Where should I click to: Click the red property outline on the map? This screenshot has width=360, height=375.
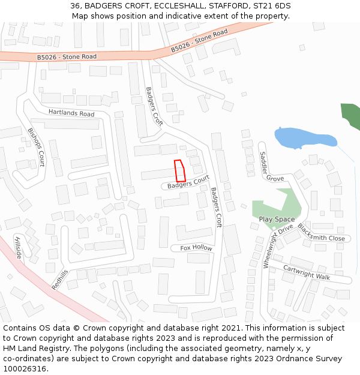179,171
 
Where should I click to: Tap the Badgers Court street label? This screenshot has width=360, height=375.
188,183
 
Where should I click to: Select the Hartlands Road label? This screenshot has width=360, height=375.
71,113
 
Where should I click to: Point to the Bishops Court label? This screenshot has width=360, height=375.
37,146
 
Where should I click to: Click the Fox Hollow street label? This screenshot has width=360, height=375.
196,248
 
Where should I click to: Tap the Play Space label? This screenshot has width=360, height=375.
277,220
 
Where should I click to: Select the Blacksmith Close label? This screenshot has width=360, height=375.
321,233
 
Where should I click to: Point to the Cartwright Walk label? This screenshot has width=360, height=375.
307,273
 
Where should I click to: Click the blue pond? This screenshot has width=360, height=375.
303,138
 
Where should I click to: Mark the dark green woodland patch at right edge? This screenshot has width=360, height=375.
351,116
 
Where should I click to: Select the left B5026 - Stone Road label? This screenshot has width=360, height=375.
67,57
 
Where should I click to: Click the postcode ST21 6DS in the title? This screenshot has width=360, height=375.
275,5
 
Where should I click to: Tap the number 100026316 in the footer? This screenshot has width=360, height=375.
26,368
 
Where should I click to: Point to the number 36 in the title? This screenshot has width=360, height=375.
75,5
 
